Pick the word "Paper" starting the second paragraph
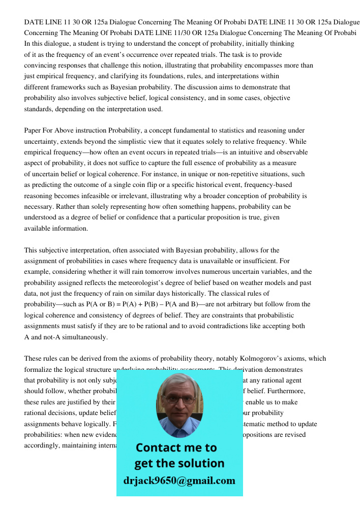[x=34, y=131]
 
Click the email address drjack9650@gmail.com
[x=179, y=481]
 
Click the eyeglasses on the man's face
[x=179, y=400]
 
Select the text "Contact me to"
[x=176, y=448]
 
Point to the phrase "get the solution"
[x=179, y=463]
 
